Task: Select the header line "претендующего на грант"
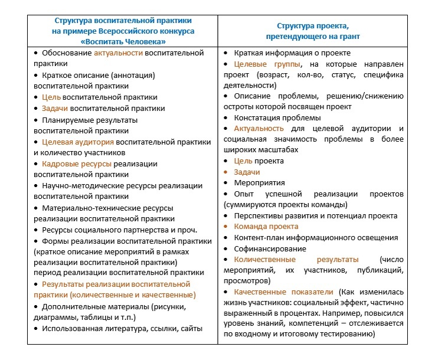(x=319, y=36)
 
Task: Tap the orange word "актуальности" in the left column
(x=119, y=53)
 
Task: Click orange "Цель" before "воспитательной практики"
(x=51, y=97)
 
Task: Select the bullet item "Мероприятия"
(x=259, y=182)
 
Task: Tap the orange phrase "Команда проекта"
(x=266, y=226)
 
